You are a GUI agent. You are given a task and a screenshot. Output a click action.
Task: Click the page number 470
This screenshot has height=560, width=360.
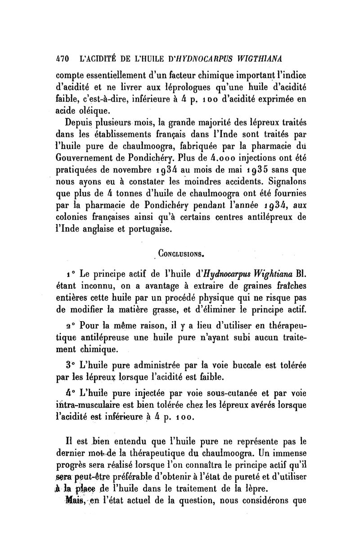click(62, 58)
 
